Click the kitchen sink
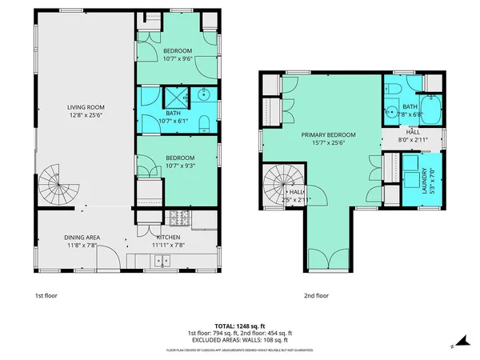tap(162, 260)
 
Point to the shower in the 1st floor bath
tap(174, 98)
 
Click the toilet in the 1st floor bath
tap(203, 122)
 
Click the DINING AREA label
tap(80, 238)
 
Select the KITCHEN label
tap(168, 238)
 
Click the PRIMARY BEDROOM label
tap(328, 135)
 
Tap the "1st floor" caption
tap(46, 295)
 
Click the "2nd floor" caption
tap(316, 295)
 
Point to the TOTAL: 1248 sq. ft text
tap(239, 326)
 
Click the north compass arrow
tap(453, 346)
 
